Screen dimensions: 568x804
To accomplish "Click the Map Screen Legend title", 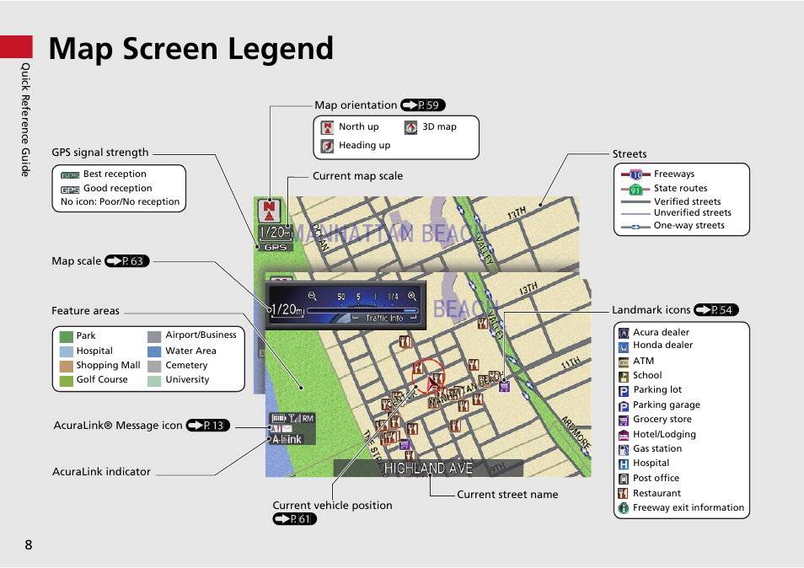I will (190, 49).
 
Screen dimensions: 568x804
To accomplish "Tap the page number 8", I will (29, 544).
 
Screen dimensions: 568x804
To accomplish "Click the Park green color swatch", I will (67, 335).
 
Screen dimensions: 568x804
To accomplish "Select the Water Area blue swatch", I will (154, 351).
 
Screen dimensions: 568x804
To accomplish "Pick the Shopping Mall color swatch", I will (67, 366).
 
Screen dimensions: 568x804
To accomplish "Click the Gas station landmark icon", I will (624, 449).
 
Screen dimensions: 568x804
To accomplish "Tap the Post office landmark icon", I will (624, 479).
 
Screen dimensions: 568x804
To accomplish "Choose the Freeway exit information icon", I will (624, 508).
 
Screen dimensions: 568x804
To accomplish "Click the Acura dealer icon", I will (624, 333).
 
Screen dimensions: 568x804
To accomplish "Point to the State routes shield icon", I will (635, 190).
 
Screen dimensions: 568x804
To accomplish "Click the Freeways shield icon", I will (635, 174).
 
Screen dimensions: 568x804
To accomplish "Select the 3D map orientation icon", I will (410, 127).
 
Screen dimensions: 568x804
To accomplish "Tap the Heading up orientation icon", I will (328, 146).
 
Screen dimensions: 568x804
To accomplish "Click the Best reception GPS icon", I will (70, 175).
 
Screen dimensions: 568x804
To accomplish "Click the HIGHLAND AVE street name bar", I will (428, 469).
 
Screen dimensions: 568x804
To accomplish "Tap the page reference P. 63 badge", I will (127, 261).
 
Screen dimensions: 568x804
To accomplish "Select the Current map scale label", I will (357, 176).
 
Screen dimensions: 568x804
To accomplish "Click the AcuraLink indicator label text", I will (101, 472).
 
